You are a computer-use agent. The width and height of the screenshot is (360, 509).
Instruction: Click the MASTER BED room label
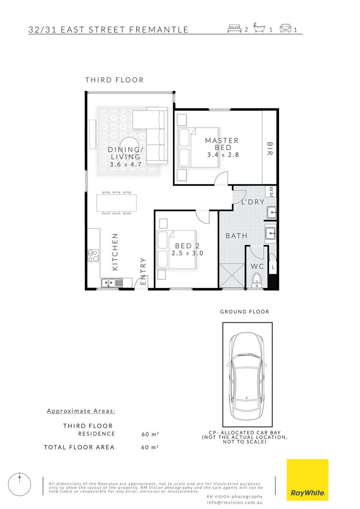pos(221,144)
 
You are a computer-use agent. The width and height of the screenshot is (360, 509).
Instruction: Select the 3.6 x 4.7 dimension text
pos(124,164)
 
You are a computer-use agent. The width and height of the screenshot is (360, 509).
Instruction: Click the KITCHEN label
pos(115,252)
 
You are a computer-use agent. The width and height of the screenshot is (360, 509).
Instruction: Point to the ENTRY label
pos(143,271)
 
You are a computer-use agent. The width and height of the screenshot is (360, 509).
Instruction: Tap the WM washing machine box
pos(271,191)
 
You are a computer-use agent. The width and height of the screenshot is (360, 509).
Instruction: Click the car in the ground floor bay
pos(247,373)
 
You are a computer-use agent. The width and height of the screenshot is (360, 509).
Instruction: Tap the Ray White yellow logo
pos(308,480)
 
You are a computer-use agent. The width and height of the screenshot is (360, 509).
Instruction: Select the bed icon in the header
pos(234,29)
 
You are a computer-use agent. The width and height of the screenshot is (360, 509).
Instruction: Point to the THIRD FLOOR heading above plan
pos(114,80)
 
